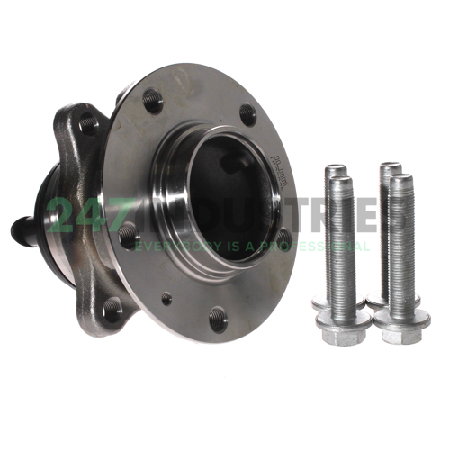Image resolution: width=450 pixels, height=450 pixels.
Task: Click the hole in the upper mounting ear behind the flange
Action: pyautogui.click(x=85, y=123)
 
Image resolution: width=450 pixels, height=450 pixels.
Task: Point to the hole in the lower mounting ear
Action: pyautogui.click(x=111, y=310)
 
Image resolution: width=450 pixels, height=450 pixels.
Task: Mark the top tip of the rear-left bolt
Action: pyautogui.click(x=335, y=168)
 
